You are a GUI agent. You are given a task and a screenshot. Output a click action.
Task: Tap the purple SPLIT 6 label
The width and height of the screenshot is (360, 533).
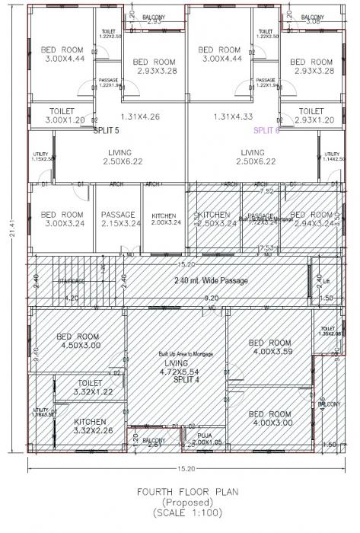[x=266, y=130]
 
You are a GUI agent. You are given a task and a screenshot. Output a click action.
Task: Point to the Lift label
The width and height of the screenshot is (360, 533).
[x=327, y=282]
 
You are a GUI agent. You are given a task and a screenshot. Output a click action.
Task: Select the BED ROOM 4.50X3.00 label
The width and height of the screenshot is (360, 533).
[x=78, y=341]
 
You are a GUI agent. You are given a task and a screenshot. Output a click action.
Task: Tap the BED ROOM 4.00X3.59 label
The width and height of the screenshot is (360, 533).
[x=269, y=347]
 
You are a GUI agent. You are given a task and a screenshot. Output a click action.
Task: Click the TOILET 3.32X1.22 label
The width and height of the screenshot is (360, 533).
[x=90, y=388]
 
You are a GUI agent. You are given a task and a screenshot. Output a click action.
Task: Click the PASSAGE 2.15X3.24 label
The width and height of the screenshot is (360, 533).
[x=118, y=219]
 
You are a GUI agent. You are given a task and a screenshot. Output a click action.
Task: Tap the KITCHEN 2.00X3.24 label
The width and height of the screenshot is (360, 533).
[x=166, y=219]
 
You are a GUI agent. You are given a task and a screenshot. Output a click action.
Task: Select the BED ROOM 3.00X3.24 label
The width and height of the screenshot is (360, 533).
[x=62, y=219]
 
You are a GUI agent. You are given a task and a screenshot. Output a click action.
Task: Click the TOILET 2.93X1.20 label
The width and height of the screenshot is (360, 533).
[x=311, y=116]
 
